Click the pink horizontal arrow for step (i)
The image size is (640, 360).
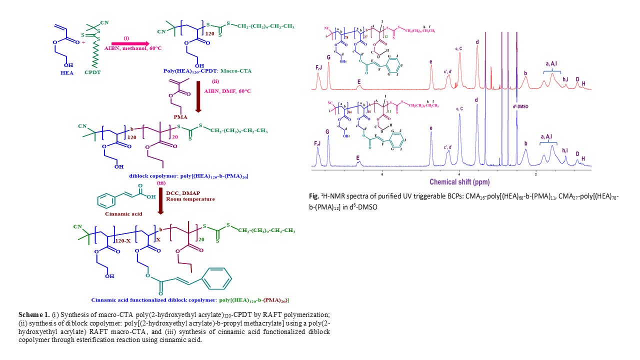click(129, 43)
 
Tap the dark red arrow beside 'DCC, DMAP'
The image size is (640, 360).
click(161, 199)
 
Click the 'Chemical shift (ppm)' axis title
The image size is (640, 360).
click(459, 182)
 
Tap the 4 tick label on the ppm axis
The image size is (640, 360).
click(459, 174)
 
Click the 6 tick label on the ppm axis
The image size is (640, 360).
click(382, 174)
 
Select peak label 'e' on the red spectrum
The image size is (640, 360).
click(431, 62)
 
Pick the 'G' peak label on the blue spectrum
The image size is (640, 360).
click(328, 132)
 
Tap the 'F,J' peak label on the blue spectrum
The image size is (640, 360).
click(317, 143)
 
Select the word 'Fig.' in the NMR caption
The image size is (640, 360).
click(314, 196)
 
